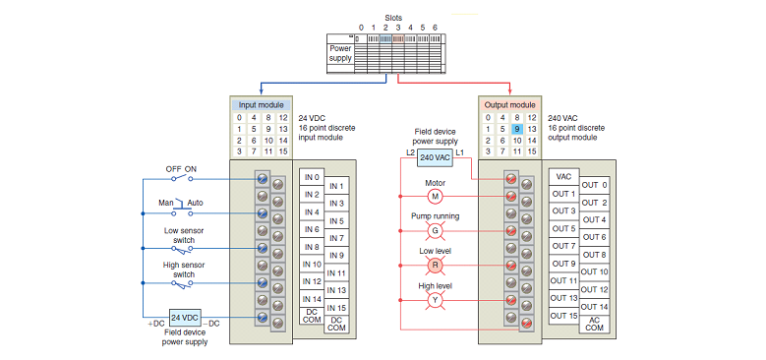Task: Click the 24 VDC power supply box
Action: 185,318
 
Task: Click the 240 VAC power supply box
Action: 435,158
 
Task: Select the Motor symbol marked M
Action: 435,196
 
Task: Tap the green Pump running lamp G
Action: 435,229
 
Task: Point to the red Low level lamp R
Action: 435,265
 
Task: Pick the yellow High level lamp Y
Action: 435,300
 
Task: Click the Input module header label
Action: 262,105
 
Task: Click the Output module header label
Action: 510,105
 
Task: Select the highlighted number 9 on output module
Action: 516,129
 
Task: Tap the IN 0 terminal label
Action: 312,177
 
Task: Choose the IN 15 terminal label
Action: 337,308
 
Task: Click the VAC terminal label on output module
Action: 564,177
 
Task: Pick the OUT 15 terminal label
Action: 564,316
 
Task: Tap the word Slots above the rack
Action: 392,17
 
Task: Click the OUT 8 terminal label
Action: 594,255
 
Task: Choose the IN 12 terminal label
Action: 312,281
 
